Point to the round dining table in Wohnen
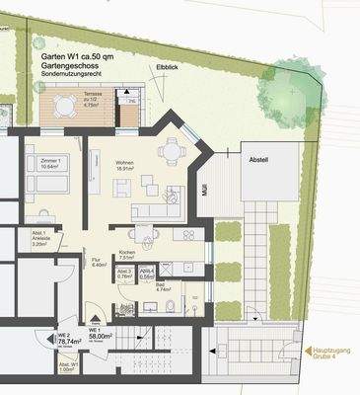(174, 150)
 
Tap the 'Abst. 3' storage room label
(124, 272)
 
